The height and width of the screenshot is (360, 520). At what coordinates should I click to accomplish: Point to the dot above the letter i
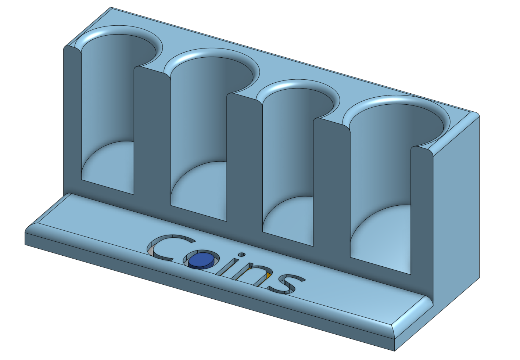(x=241, y=254)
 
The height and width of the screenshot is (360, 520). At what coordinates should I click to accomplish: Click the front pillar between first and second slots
(x=151, y=140)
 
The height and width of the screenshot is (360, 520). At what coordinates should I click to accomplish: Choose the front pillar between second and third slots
(x=244, y=165)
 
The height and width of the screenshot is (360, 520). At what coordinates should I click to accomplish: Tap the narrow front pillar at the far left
(x=72, y=121)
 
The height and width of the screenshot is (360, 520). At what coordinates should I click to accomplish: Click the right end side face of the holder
(x=458, y=213)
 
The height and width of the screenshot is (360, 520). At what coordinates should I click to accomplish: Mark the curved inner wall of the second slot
(x=198, y=118)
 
